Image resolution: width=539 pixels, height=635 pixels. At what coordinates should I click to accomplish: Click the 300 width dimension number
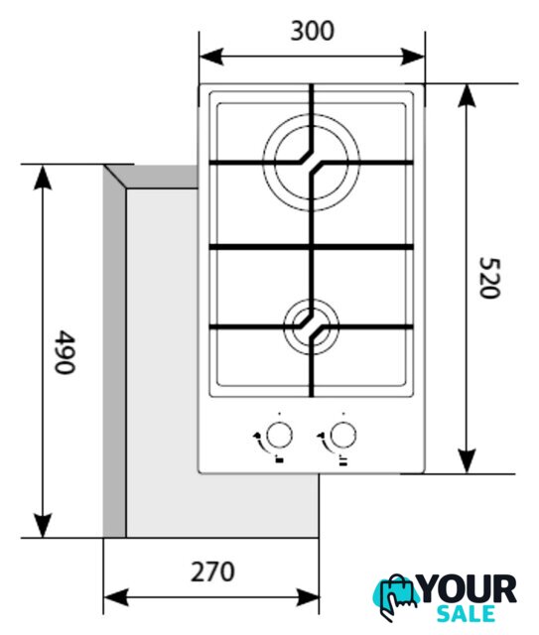[313, 31]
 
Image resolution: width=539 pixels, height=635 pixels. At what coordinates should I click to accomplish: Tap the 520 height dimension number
[489, 278]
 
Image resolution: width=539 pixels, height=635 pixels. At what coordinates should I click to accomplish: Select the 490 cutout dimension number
[65, 352]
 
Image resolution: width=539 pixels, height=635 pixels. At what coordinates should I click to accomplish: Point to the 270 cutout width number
[212, 571]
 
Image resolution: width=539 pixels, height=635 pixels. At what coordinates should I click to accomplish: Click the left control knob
[279, 436]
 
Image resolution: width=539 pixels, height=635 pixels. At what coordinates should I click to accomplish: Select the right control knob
[343, 436]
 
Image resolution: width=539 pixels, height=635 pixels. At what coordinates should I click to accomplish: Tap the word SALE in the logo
[467, 613]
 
